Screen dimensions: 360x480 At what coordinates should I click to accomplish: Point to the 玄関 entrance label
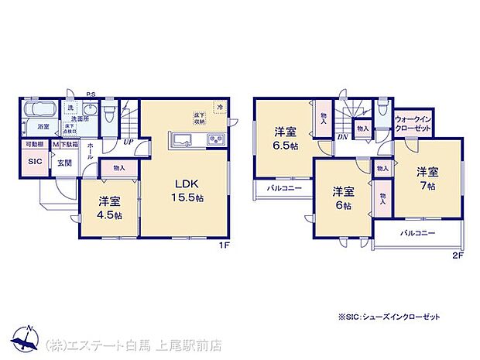[63, 163]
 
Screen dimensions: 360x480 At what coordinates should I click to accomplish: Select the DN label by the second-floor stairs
[341, 137]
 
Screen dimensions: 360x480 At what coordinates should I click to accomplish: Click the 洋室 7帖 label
[428, 178]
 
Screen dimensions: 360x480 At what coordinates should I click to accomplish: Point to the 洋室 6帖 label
[343, 197]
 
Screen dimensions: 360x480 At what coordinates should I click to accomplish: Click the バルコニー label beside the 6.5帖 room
[273, 187]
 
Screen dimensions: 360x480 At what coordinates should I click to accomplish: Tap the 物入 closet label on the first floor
[119, 167]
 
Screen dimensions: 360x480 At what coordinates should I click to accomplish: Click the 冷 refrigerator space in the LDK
[220, 108]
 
